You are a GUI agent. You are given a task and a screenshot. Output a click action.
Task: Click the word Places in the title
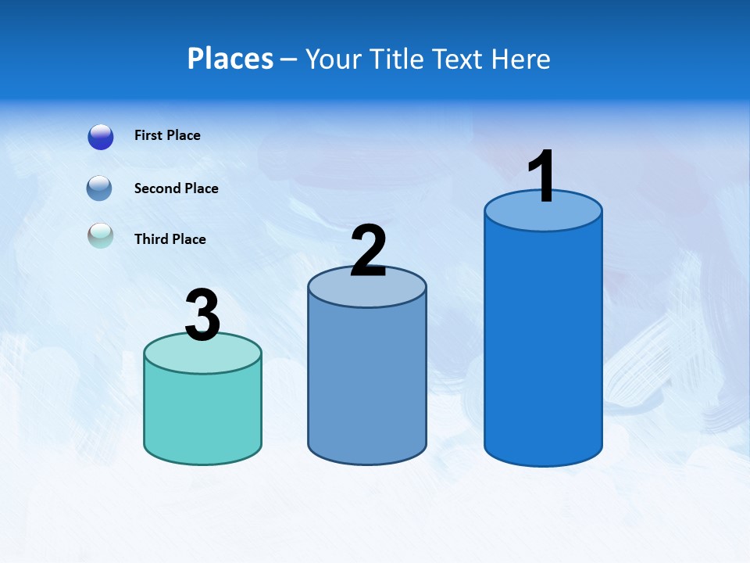coord(230,59)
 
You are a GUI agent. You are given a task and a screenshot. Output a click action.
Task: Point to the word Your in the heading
coord(334,59)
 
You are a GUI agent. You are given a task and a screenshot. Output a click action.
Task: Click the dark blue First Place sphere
coord(101,137)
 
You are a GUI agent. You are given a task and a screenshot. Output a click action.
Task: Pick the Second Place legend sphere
coord(99,188)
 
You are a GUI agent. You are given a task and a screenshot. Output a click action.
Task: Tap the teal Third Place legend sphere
coord(100,235)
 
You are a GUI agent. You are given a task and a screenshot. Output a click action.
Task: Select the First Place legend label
coord(167,135)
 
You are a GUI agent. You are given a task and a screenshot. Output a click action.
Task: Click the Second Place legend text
coord(176,188)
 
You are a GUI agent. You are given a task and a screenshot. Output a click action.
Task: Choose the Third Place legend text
coord(170,239)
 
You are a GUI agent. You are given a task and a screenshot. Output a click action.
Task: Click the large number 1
coord(541,176)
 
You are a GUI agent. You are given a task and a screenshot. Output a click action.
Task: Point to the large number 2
coord(368,251)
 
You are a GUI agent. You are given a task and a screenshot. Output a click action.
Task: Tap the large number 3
coord(202,316)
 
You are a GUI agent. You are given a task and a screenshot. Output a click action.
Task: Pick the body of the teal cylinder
coord(202,414)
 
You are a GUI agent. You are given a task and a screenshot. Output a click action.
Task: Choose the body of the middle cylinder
coord(367,383)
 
